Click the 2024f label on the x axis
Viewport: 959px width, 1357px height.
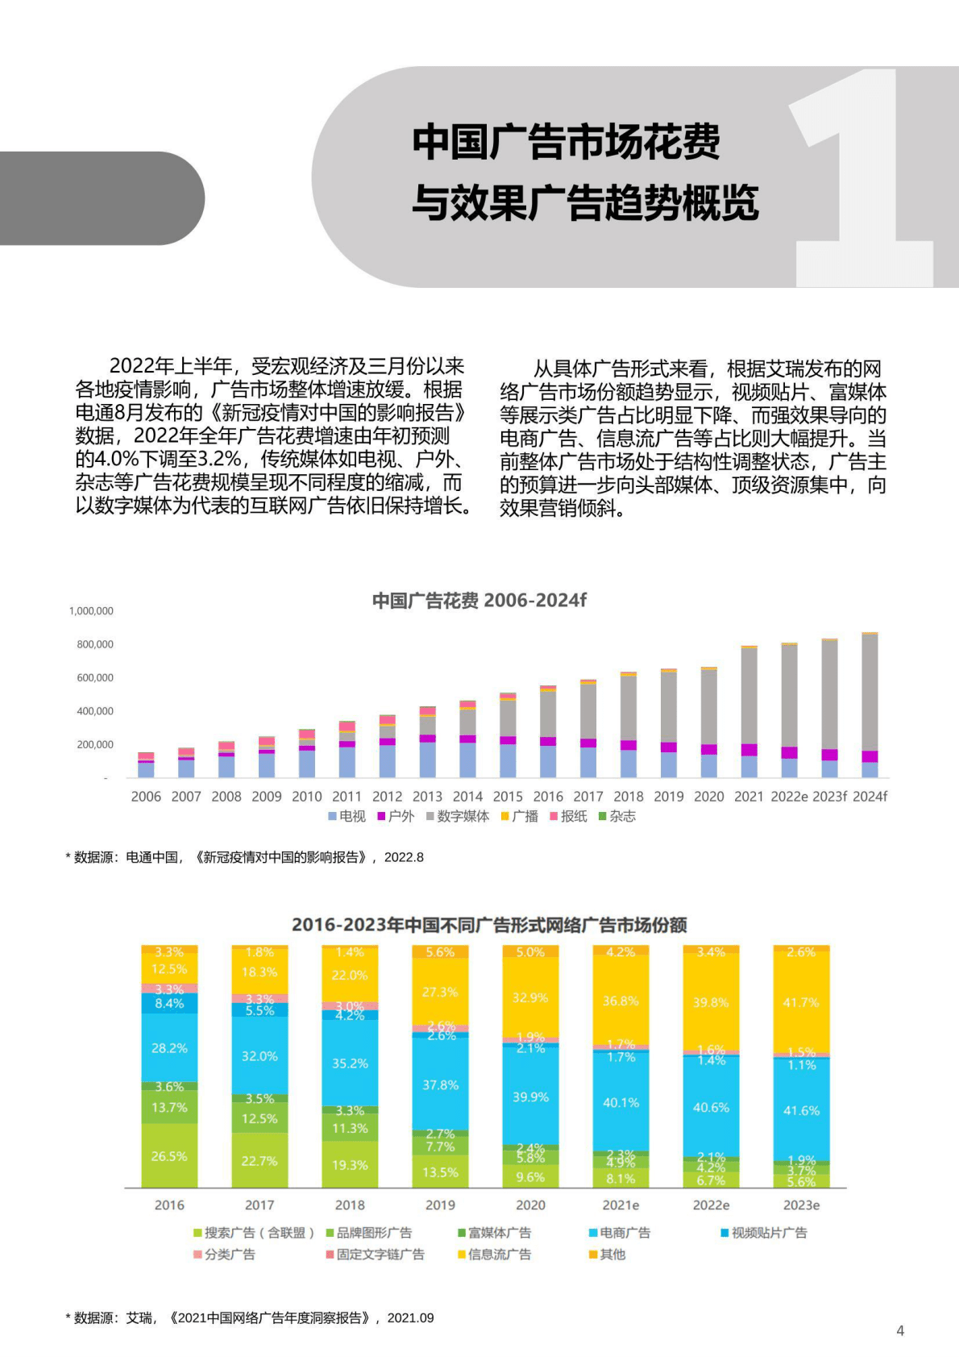pos(870,797)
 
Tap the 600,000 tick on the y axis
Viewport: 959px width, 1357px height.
pos(95,678)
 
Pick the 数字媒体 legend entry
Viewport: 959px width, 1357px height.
pos(458,817)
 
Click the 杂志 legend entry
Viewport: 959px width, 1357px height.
pos(617,817)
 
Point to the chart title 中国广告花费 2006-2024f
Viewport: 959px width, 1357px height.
pos(479,601)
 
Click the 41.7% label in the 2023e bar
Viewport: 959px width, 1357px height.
pos(801,1003)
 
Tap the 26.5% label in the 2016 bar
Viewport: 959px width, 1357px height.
pos(169,1156)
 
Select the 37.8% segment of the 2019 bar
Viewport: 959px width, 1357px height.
pos(440,1085)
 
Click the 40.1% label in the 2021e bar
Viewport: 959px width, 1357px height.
pos(621,1103)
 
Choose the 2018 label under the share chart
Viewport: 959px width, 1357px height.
pos(350,1205)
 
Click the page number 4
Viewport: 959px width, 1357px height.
pos(900,1331)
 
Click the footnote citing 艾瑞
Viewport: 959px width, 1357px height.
pos(250,1318)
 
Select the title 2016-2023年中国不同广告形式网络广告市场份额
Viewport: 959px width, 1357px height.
pos(489,925)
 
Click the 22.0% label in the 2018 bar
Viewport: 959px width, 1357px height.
pos(350,976)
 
